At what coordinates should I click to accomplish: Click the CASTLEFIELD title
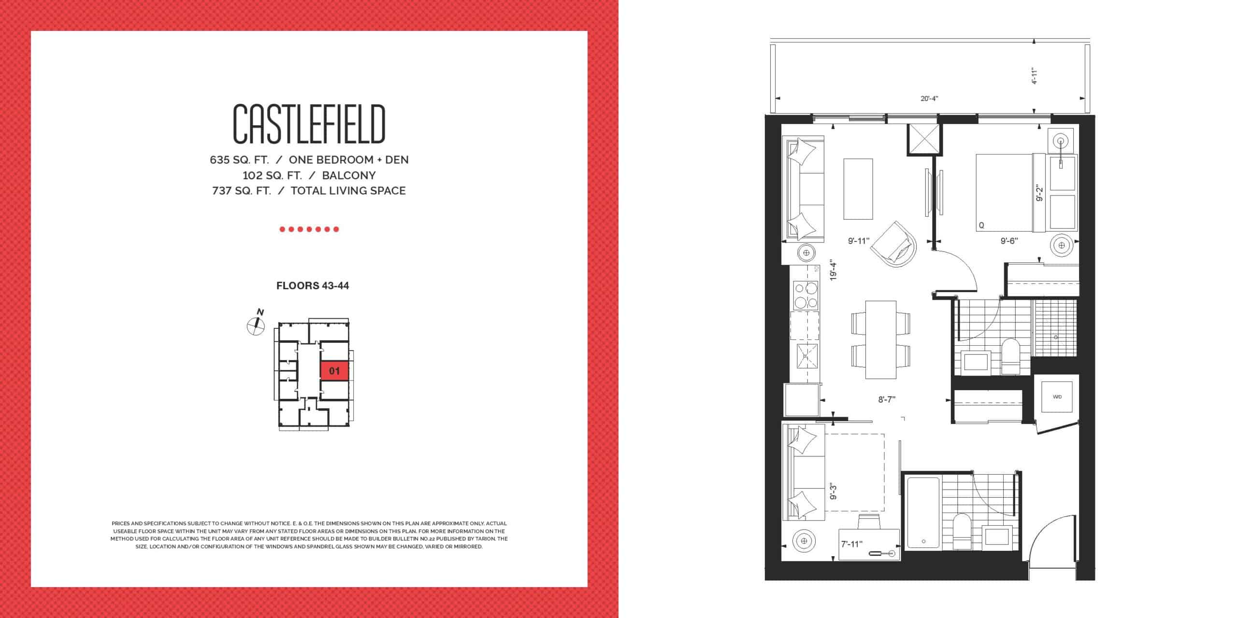click(309, 125)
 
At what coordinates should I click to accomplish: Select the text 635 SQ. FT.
click(239, 160)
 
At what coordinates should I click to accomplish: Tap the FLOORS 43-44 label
click(313, 285)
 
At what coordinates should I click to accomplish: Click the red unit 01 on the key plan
click(334, 371)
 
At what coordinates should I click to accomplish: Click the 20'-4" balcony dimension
click(929, 98)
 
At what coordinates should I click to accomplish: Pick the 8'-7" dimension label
click(887, 399)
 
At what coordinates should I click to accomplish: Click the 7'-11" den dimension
click(851, 544)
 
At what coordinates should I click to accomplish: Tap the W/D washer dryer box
click(1057, 396)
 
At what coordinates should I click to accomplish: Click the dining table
click(881, 339)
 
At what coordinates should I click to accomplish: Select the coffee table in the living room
click(858, 196)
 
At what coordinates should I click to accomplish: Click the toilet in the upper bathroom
click(1010, 356)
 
